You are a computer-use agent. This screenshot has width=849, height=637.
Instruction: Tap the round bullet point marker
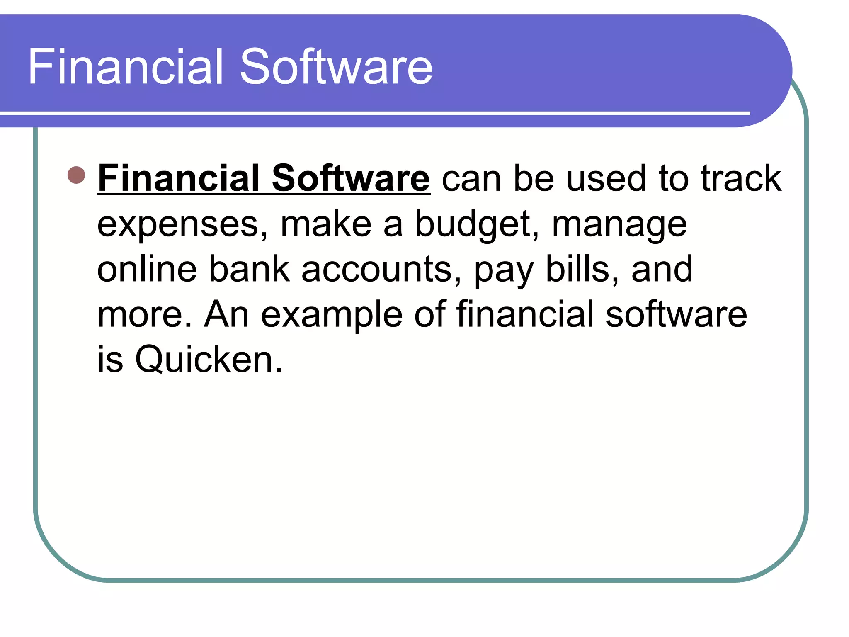76,175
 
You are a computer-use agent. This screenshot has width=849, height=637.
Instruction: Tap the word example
332,314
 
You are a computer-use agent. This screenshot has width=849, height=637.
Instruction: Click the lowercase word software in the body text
676,314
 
